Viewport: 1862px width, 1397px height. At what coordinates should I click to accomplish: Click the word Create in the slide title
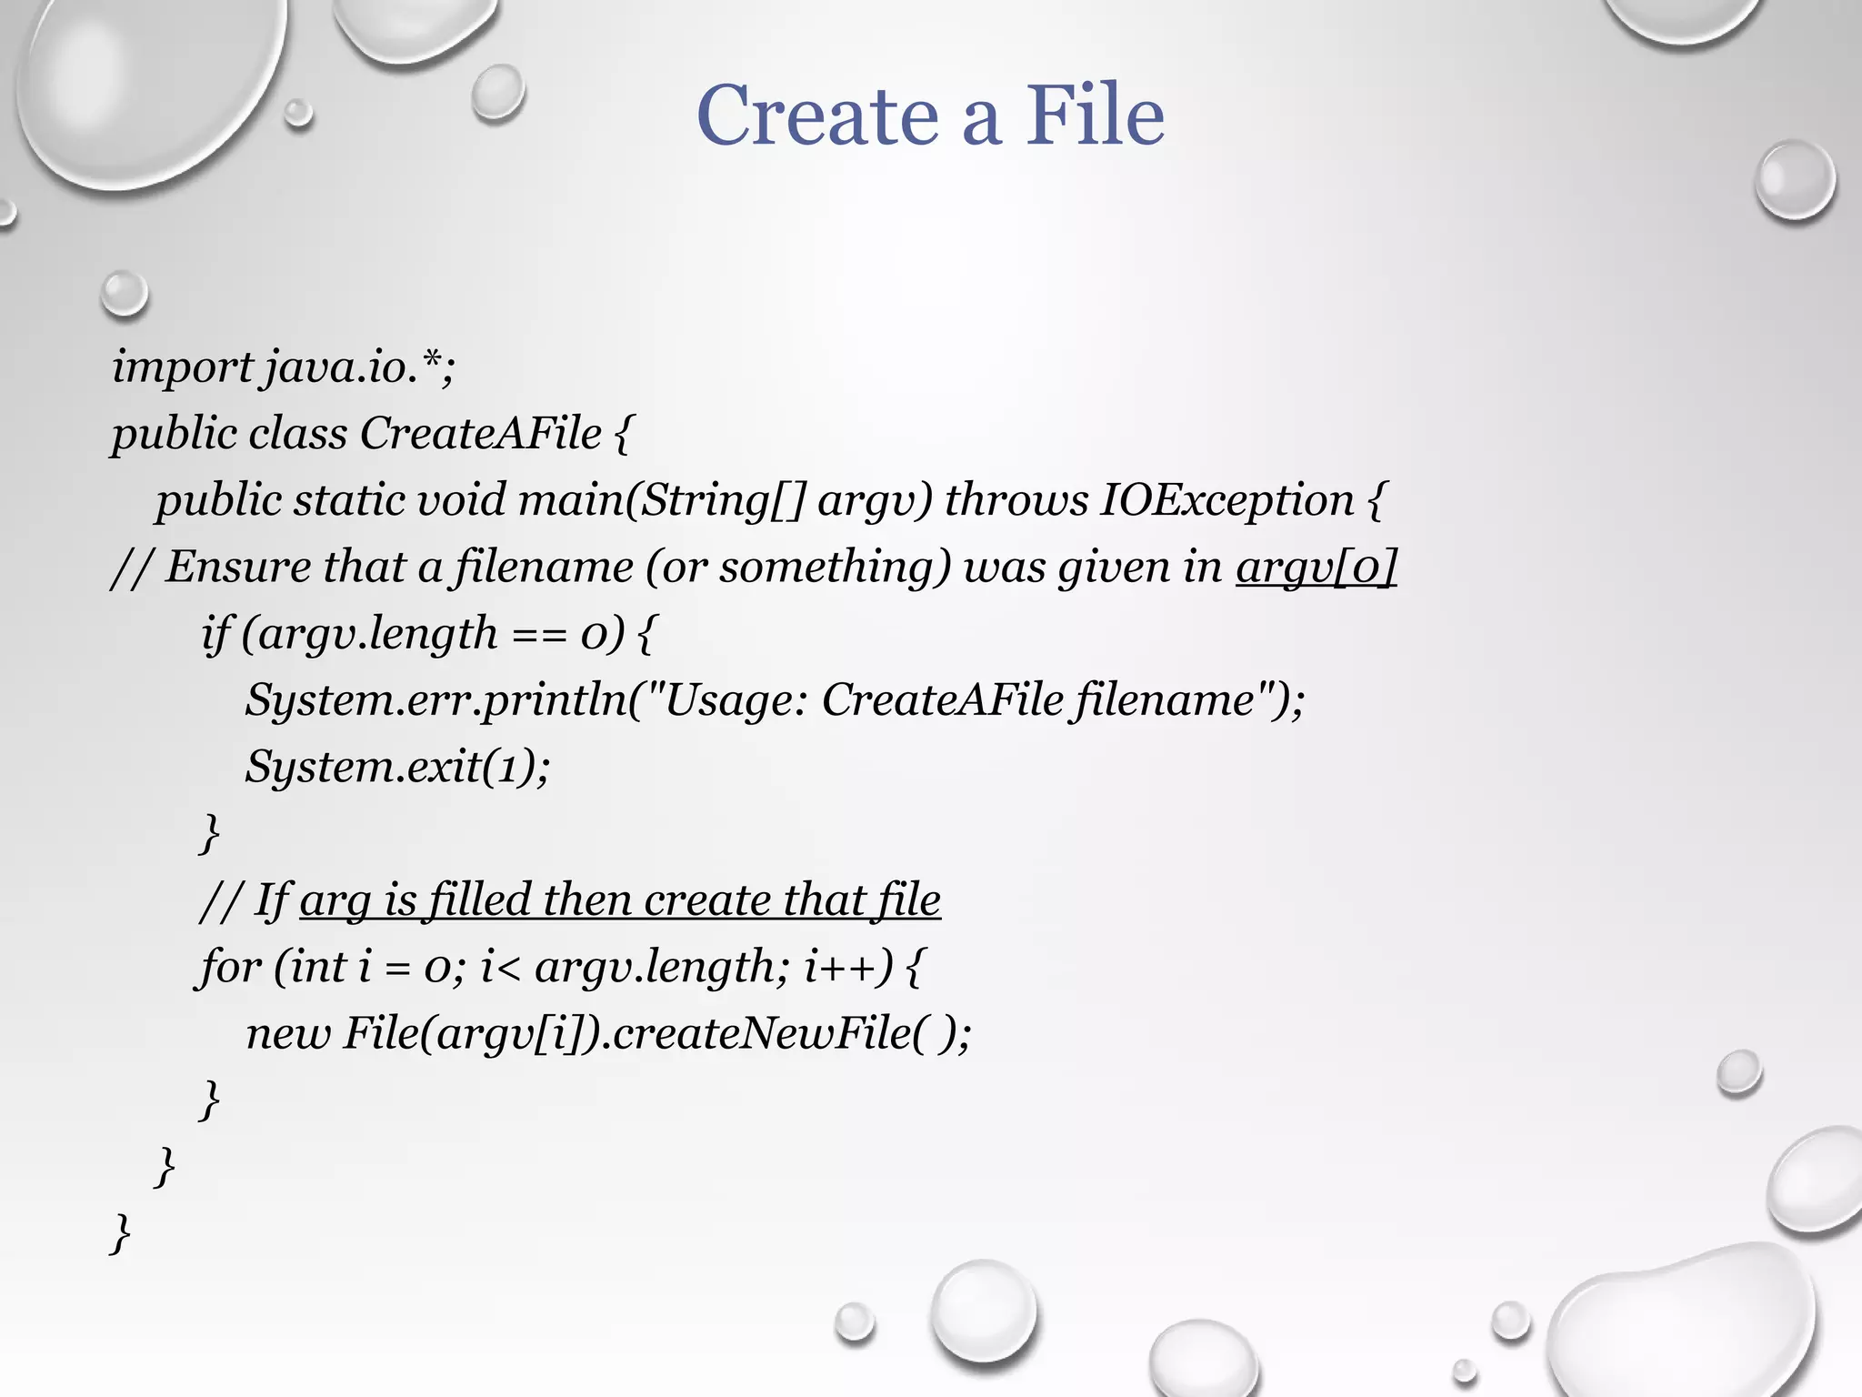point(817,116)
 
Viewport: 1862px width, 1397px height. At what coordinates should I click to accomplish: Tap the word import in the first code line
point(182,367)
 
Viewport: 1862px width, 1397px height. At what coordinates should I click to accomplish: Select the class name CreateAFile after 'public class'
point(480,434)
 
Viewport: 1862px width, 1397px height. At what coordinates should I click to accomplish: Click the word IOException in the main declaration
point(1226,500)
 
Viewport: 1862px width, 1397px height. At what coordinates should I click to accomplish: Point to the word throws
point(1016,500)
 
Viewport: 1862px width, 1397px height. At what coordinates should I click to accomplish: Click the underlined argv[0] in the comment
point(1315,567)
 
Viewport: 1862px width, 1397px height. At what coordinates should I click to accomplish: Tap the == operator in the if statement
point(540,635)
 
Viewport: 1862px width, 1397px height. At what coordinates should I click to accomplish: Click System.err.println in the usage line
point(435,700)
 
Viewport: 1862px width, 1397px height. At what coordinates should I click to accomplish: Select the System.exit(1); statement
point(397,767)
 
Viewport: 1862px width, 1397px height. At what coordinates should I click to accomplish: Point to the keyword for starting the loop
point(231,966)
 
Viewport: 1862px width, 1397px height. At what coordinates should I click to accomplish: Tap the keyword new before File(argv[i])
point(288,1033)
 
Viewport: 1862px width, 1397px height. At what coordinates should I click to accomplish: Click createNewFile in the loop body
point(762,1033)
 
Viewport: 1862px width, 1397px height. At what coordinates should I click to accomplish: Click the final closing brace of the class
point(120,1233)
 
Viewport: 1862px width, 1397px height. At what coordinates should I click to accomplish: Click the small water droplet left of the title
point(497,92)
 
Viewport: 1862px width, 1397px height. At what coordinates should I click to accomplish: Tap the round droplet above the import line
point(124,294)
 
